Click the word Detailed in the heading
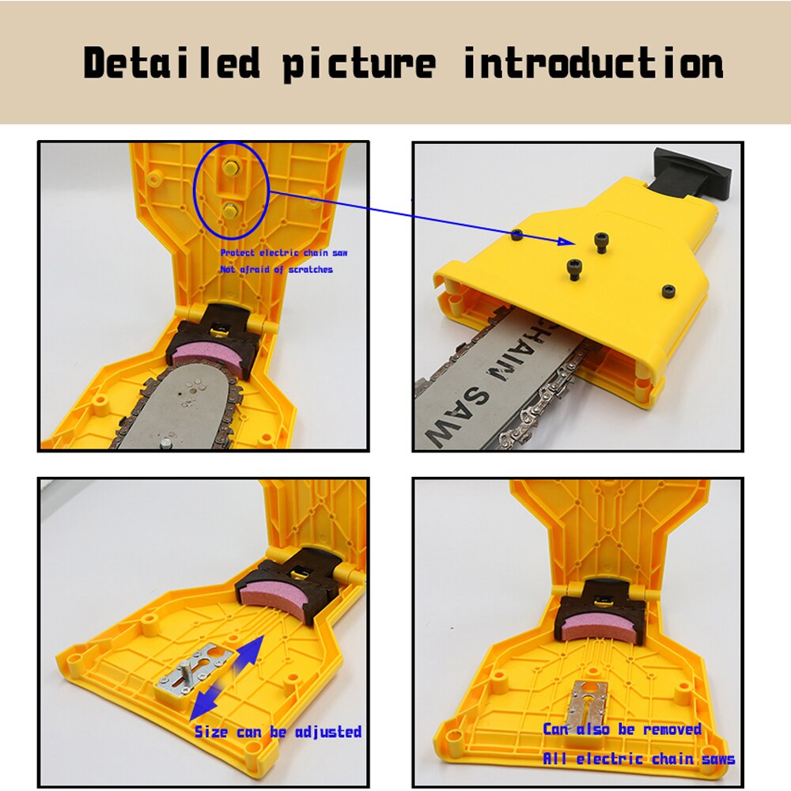(x=172, y=63)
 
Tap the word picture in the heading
(x=359, y=63)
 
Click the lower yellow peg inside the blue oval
(x=231, y=209)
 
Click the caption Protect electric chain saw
(x=283, y=253)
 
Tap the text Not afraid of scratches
(x=275, y=270)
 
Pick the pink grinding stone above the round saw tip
(x=209, y=352)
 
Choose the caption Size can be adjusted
(x=278, y=732)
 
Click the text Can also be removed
(x=622, y=729)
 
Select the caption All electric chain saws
(x=638, y=759)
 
